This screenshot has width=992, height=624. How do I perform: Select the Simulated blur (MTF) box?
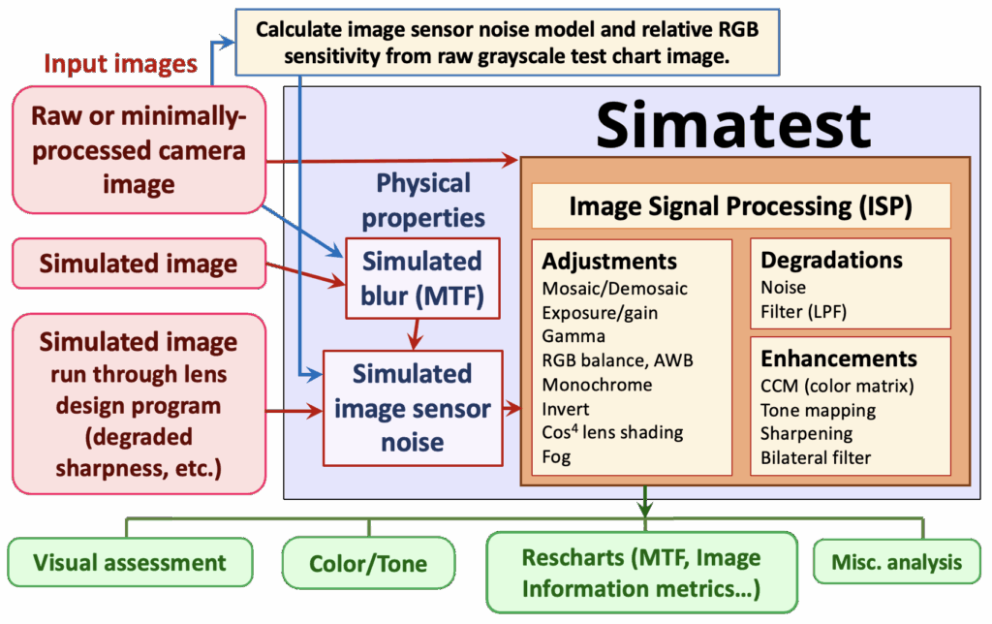[x=421, y=278]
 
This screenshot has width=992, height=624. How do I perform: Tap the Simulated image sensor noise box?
[x=412, y=408]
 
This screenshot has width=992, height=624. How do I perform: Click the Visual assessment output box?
[x=130, y=563]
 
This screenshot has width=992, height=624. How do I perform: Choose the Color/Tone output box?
[x=368, y=564]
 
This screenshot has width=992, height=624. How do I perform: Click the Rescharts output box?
[x=640, y=573]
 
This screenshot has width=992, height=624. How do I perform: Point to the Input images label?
[x=120, y=65]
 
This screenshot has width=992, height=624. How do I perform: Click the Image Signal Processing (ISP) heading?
[x=741, y=206]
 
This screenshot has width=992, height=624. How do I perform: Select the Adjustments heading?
[x=609, y=262]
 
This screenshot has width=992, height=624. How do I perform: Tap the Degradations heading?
[x=831, y=260]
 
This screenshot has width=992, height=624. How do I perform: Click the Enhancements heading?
[x=838, y=359]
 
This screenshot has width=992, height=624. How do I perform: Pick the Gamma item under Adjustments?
[x=573, y=336]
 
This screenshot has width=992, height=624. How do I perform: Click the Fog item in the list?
[x=557, y=456]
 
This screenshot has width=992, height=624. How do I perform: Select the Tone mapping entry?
[x=818, y=410]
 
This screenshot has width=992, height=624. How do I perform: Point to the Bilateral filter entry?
[x=816, y=457]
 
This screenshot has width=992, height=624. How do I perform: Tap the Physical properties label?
[x=422, y=200]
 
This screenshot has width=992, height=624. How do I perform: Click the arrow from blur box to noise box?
[x=417, y=334]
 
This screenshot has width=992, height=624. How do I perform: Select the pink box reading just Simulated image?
[x=138, y=263]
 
